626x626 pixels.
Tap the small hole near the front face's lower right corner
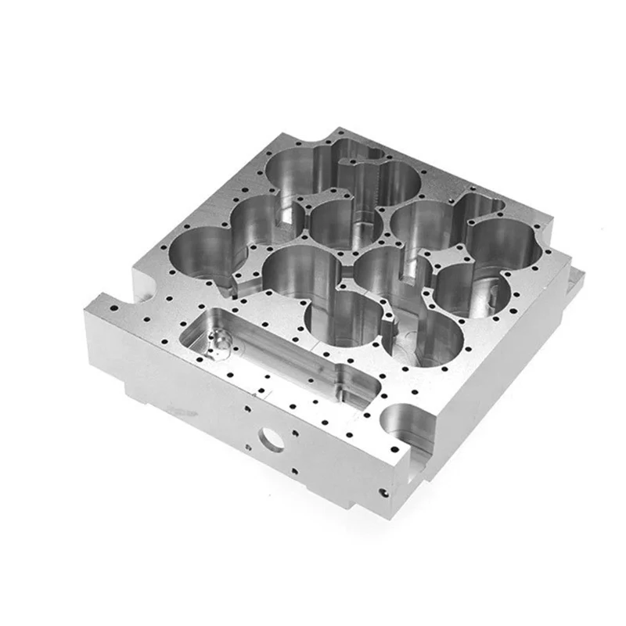coord(383,493)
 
